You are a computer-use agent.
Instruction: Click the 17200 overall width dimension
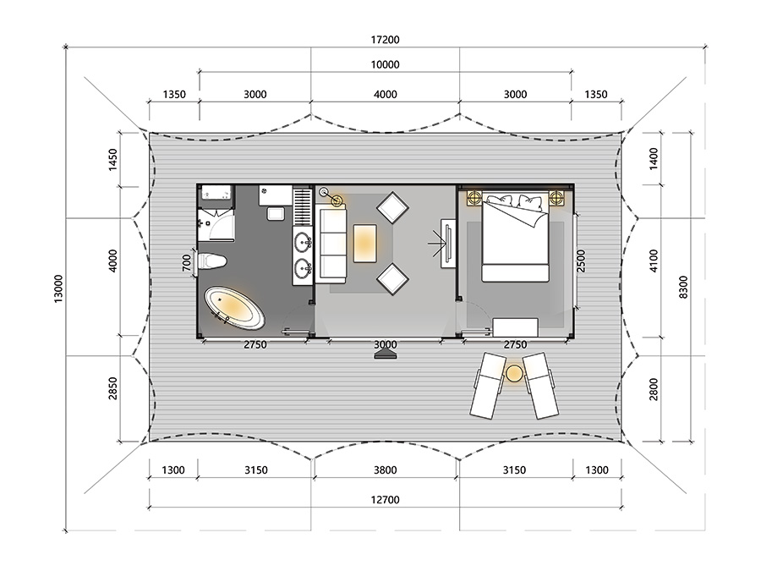point(385,40)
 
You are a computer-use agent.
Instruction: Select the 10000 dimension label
point(385,64)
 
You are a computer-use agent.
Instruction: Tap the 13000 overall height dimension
point(58,289)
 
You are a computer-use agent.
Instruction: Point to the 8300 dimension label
point(683,287)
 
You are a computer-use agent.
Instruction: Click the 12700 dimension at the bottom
point(385,500)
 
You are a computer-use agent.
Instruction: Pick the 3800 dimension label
point(385,470)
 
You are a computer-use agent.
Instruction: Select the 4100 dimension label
point(654,261)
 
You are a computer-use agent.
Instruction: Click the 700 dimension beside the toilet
point(187,264)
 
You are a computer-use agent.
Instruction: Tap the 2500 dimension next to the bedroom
point(581,261)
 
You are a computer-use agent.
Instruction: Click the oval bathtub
point(234,308)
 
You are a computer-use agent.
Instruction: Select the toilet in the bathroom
point(212,261)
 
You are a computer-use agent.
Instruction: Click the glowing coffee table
point(365,244)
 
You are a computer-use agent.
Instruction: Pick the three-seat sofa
point(331,244)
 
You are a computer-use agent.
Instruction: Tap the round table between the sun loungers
point(514,373)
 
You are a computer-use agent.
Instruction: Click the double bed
point(516,238)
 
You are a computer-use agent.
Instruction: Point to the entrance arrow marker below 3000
point(386,355)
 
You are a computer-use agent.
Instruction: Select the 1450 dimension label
point(112,160)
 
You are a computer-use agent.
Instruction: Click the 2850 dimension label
point(112,388)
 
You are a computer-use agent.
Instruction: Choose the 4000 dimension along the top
point(385,94)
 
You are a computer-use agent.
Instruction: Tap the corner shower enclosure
point(216,225)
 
